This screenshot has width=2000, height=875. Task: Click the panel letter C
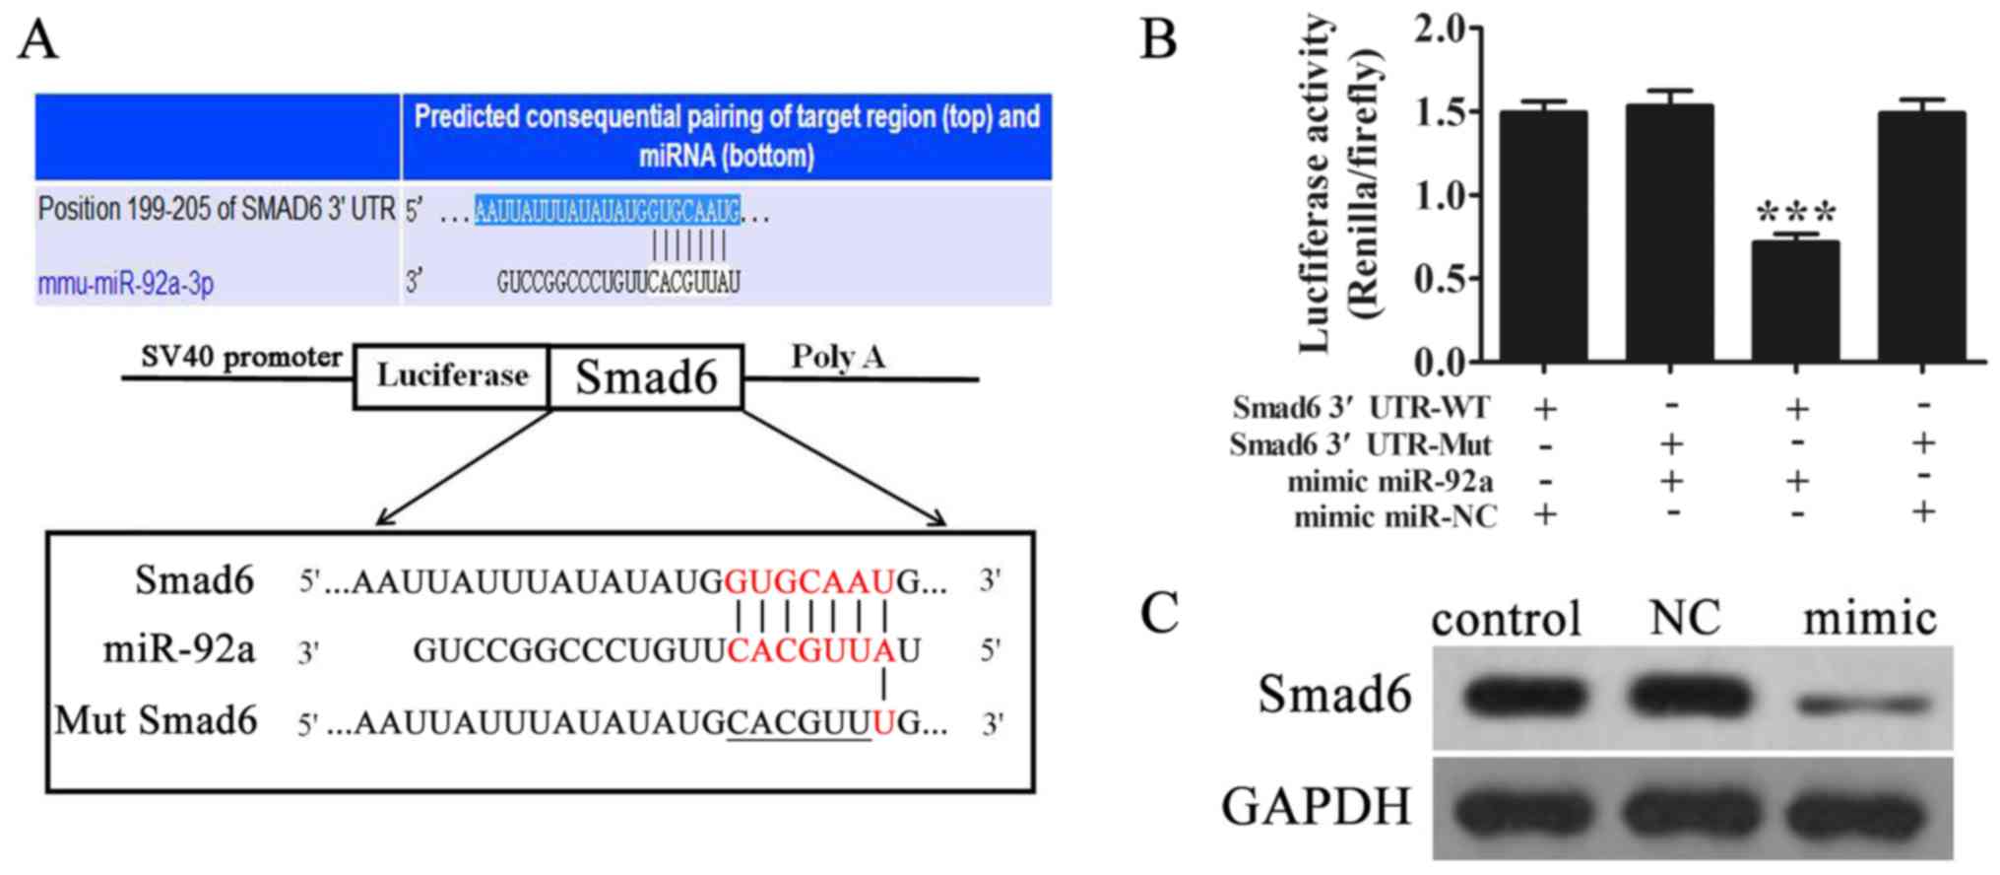[1159, 612]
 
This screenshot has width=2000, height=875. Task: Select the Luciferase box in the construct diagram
[452, 375]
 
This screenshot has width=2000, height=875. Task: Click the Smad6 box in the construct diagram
[646, 376]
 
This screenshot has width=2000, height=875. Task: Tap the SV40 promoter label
[241, 357]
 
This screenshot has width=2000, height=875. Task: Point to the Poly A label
[838, 357]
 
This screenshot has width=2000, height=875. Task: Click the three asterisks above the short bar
[1795, 213]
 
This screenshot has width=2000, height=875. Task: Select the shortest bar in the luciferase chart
[1795, 301]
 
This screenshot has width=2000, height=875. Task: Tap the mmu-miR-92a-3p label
[126, 284]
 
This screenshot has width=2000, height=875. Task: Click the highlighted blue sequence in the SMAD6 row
[607, 210]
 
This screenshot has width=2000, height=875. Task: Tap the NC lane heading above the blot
[1685, 619]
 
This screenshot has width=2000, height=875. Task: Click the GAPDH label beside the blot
[1317, 806]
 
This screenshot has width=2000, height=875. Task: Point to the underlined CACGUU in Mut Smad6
[799, 724]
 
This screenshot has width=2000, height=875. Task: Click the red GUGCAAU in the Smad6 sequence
[809, 582]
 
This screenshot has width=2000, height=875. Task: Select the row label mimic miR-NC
[1395, 515]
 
